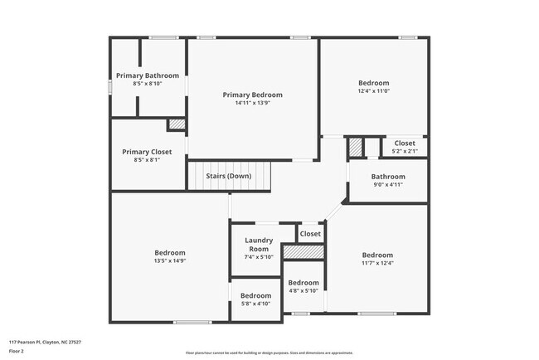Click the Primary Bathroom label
click(147, 76)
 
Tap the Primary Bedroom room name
click(252, 95)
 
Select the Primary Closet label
click(147, 152)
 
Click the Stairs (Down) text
click(229, 176)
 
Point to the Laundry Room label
click(259, 245)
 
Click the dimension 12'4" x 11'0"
click(373, 92)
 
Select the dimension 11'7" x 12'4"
click(377, 265)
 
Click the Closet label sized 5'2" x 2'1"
click(405, 144)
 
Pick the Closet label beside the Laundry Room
click(310, 234)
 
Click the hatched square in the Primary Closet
click(177, 125)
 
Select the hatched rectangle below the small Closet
click(303, 251)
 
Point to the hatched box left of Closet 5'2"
click(355, 147)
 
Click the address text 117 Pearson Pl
click(45, 342)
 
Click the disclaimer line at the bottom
click(269, 352)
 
